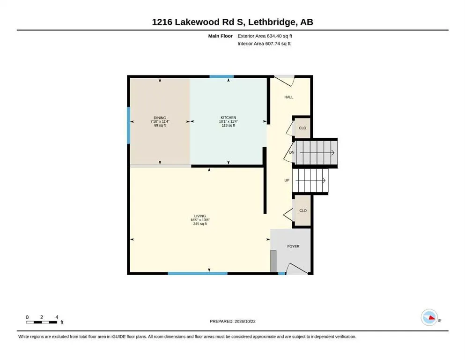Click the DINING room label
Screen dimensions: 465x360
point(160,118)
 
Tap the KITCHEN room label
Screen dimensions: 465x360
point(229,118)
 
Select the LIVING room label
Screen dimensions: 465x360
point(200,216)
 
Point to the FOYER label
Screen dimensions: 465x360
point(293,247)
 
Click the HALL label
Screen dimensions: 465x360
point(289,97)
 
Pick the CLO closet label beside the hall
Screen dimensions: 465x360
point(303,128)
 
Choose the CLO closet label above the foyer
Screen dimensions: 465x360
point(303,210)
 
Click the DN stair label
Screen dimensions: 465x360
point(292,152)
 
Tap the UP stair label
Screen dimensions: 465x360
point(287,180)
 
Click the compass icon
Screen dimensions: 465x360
point(429,317)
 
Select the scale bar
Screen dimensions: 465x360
point(42,322)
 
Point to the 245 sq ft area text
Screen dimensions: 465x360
point(200,224)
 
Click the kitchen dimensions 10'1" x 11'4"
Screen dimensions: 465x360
point(229,121)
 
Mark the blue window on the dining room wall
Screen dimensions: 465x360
point(129,125)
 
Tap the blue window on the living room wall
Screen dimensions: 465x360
point(198,273)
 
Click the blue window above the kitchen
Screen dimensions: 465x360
point(221,76)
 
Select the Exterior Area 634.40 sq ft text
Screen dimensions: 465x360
point(265,36)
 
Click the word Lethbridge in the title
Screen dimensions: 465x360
point(272,22)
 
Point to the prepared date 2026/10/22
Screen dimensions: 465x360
point(245,321)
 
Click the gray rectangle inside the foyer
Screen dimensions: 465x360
point(273,261)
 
